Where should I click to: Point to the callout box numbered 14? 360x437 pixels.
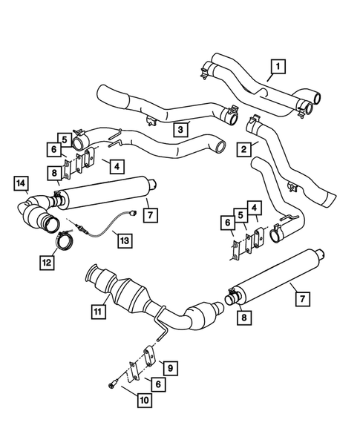21,183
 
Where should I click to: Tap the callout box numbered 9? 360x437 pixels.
169,366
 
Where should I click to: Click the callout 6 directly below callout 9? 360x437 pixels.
158,384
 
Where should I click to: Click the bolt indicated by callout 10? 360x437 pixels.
110,384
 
